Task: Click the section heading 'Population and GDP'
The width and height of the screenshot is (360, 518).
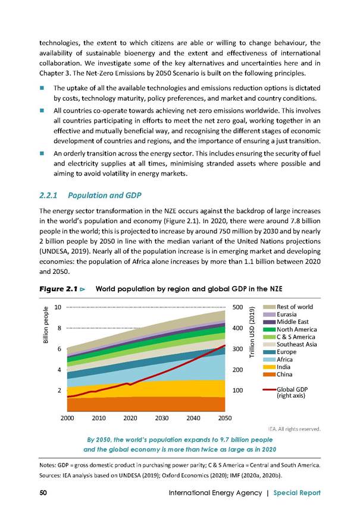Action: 104,195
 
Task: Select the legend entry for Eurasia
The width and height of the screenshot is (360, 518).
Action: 280,314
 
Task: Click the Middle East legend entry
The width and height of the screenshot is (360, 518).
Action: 286,322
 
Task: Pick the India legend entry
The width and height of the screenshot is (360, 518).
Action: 277,367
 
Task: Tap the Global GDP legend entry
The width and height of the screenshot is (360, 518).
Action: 286,392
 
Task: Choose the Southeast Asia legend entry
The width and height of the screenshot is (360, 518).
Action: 290,345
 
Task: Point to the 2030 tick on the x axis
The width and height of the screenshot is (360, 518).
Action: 162,418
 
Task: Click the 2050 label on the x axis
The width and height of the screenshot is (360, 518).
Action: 225,418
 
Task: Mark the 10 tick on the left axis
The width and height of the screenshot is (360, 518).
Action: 58,307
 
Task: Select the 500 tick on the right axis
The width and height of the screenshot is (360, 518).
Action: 237,307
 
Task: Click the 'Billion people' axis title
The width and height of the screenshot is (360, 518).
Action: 46,324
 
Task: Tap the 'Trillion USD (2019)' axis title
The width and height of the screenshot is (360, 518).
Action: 252,332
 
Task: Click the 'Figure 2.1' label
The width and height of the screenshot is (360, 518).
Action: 59,289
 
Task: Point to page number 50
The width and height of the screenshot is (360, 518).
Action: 43,492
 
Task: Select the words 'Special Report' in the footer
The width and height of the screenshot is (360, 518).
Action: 297,493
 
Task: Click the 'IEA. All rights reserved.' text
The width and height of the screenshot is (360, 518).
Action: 294,429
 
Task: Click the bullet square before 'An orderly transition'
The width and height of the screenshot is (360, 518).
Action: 42,153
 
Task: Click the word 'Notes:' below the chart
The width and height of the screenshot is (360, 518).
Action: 48,465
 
